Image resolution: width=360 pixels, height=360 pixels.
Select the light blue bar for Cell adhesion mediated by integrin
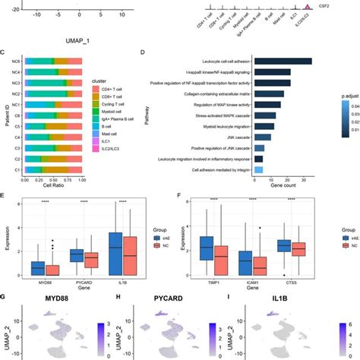pos(258,170)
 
